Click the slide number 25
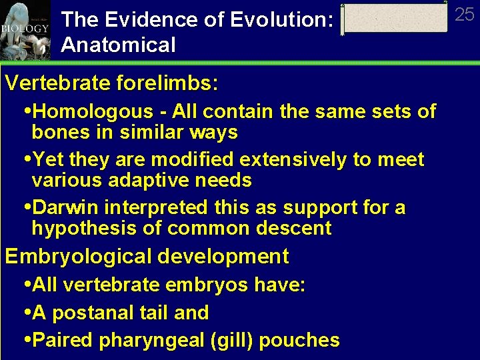[x=464, y=15]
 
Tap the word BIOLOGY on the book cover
[x=25, y=29]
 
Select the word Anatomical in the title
[x=118, y=45]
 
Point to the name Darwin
[x=67, y=208]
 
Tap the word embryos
[x=207, y=285]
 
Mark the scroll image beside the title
[x=395, y=19]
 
